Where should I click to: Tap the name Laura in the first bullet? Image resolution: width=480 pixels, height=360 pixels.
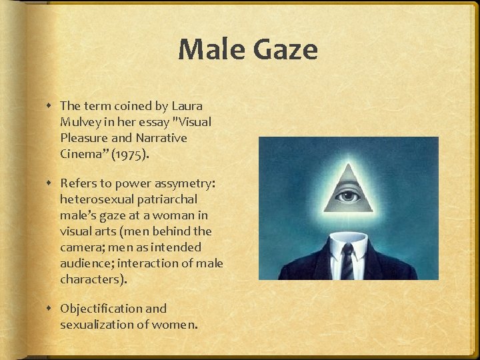[x=187, y=105]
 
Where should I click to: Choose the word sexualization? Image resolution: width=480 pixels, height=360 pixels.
[x=96, y=325]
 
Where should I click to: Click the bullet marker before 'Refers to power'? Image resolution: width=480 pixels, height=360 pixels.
[x=51, y=183]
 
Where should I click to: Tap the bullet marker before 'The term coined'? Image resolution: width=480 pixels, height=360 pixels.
[x=51, y=106]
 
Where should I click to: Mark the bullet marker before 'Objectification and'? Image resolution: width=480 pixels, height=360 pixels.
[x=51, y=309]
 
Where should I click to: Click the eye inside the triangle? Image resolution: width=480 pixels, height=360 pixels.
[x=348, y=197]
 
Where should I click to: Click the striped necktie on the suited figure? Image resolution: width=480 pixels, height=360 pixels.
[x=347, y=261]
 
